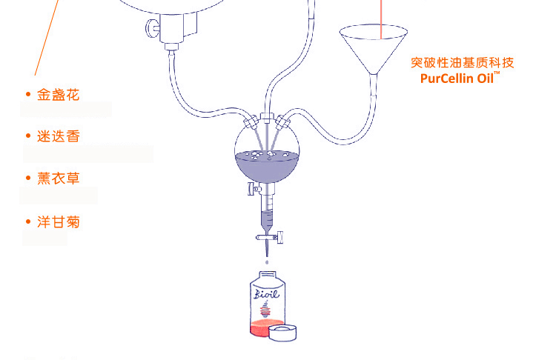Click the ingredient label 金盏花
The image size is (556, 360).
point(58,95)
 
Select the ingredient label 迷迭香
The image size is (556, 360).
point(58,136)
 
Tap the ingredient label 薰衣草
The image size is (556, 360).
point(58,179)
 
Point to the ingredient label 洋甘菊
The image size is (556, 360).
point(58,221)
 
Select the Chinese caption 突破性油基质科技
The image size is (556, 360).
point(462,63)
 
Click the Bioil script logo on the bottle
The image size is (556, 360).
point(266,296)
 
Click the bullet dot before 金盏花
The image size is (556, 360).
point(27,95)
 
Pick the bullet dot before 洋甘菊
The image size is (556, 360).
point(27,221)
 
